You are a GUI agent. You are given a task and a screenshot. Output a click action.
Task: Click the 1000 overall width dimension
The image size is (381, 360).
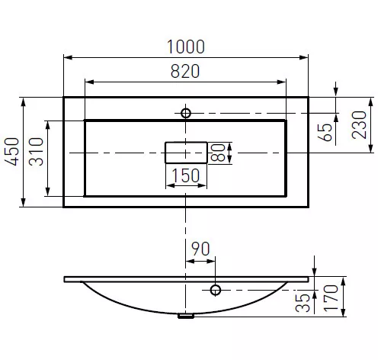coord(186,47)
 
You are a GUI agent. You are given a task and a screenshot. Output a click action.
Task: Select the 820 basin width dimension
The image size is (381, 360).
coord(185,71)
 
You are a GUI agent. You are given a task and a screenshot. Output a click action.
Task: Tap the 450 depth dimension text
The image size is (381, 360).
coord(12,152)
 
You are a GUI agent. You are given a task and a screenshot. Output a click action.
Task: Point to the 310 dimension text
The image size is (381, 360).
coord(36,152)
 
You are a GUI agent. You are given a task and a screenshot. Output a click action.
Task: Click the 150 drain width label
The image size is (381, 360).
coord(186,175)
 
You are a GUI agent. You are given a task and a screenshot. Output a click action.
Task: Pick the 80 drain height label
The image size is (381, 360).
coord(218,153)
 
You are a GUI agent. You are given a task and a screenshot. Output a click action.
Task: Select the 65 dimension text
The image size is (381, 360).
coord(325,132)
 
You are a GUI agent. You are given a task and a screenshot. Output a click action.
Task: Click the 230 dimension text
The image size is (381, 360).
coord(359,125)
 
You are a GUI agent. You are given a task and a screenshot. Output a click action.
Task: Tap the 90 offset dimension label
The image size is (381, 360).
coord(200,249)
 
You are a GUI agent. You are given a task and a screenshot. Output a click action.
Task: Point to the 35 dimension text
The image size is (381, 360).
coord(303,303)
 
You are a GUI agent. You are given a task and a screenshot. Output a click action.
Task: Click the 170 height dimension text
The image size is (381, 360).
coord(331,298)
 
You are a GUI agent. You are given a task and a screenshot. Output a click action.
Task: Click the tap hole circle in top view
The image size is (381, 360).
coord(186,113)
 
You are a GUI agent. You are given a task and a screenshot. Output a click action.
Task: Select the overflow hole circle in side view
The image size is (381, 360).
coord(216,290)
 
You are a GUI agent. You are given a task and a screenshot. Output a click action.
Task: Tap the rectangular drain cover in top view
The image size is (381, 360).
coord(186,153)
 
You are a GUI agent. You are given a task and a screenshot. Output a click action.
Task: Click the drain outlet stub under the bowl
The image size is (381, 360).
coord(186,316)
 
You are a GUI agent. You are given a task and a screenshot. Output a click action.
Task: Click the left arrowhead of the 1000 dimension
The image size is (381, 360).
coord(68,57)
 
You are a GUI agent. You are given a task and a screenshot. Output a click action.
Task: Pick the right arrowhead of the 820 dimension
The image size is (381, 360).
coord(281,82)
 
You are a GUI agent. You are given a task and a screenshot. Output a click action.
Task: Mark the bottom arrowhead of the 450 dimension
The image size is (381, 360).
coord(24,202)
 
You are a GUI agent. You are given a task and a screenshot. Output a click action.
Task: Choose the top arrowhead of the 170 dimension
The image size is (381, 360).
coord(343,281)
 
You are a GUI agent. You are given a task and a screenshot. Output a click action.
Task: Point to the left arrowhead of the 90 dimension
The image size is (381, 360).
coord(190,261)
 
